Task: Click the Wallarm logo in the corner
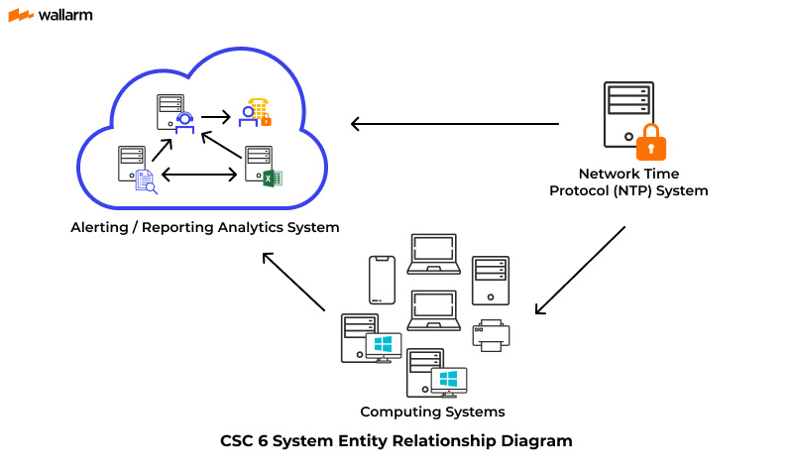(54, 16)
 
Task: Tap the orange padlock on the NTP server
(650, 143)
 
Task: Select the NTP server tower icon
(627, 114)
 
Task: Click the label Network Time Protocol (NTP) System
(628, 182)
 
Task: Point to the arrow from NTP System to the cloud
(455, 124)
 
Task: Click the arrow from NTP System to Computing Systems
(580, 271)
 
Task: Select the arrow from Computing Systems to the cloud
(294, 282)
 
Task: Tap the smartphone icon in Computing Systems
(382, 280)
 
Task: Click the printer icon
(492, 334)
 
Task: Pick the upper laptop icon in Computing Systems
(434, 254)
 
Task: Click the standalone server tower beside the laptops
(490, 280)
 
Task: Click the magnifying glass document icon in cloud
(146, 181)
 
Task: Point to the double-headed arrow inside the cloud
(198, 176)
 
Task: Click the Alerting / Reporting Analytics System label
(205, 227)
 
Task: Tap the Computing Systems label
(432, 412)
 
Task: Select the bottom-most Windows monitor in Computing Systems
(448, 381)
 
